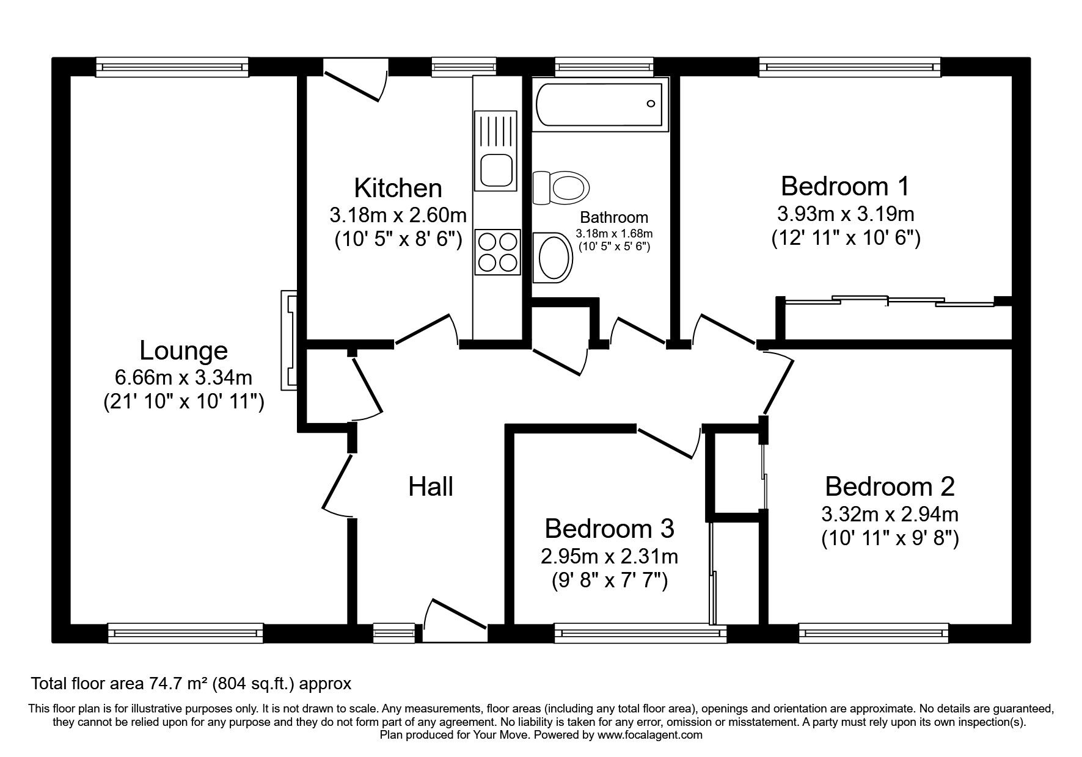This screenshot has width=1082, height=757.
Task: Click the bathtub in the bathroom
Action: click(600, 104)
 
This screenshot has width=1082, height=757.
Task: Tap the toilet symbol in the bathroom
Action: click(561, 187)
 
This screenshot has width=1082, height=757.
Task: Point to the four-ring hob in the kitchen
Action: click(497, 253)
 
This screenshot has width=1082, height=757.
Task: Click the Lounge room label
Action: click(183, 350)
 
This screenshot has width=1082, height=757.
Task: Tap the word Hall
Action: click(431, 487)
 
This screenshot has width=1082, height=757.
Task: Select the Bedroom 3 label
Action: click(609, 529)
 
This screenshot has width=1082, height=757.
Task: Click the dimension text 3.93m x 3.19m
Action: click(845, 214)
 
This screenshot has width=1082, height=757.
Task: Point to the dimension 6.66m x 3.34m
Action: click(183, 378)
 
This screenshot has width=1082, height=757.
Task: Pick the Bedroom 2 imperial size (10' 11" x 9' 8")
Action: click(890, 538)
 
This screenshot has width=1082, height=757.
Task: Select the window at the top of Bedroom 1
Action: click(849, 67)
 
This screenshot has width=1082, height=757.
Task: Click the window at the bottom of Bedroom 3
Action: click(640, 633)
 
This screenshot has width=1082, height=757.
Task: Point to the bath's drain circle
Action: click(651, 104)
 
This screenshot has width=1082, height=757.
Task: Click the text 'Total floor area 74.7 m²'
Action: click(120, 683)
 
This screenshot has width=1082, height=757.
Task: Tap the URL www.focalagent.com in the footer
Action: click(650, 735)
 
